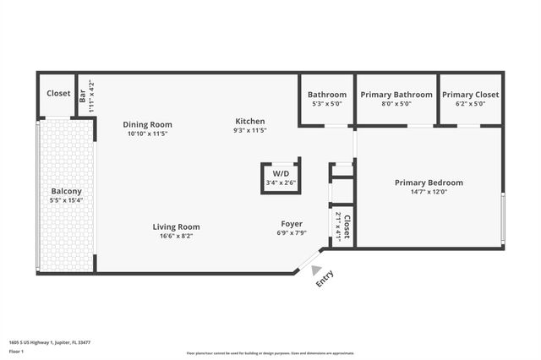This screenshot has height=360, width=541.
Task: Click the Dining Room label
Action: pyautogui.click(x=147, y=123)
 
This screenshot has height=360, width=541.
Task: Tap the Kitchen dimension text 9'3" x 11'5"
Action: pyautogui.click(x=250, y=131)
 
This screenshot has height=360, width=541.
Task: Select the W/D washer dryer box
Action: pyautogui.click(x=281, y=177)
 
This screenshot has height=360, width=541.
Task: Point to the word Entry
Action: pyautogui.click(x=325, y=279)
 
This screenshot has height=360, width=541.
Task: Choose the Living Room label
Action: pyautogui.click(x=176, y=226)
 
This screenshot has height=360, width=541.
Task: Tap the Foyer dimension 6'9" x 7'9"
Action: pyautogui.click(x=292, y=233)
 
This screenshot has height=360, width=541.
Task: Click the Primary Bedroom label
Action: pyautogui.click(x=429, y=183)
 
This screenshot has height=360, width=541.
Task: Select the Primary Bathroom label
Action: pyautogui.click(x=396, y=95)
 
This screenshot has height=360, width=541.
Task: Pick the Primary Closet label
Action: pyautogui.click(x=470, y=95)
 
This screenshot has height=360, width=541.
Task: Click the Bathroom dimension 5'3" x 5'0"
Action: pyautogui.click(x=327, y=104)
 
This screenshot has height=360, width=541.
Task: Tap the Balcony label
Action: pyautogui.click(x=66, y=191)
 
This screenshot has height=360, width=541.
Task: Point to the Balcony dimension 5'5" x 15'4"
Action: pyautogui.click(x=66, y=200)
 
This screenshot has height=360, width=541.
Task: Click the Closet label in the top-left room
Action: pyautogui.click(x=58, y=94)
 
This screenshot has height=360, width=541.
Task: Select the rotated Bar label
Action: pyautogui.click(x=82, y=95)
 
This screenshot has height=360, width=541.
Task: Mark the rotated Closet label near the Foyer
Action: pyautogui.click(x=347, y=226)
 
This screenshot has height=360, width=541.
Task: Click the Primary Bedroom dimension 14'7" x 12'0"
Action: pyautogui.click(x=429, y=192)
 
